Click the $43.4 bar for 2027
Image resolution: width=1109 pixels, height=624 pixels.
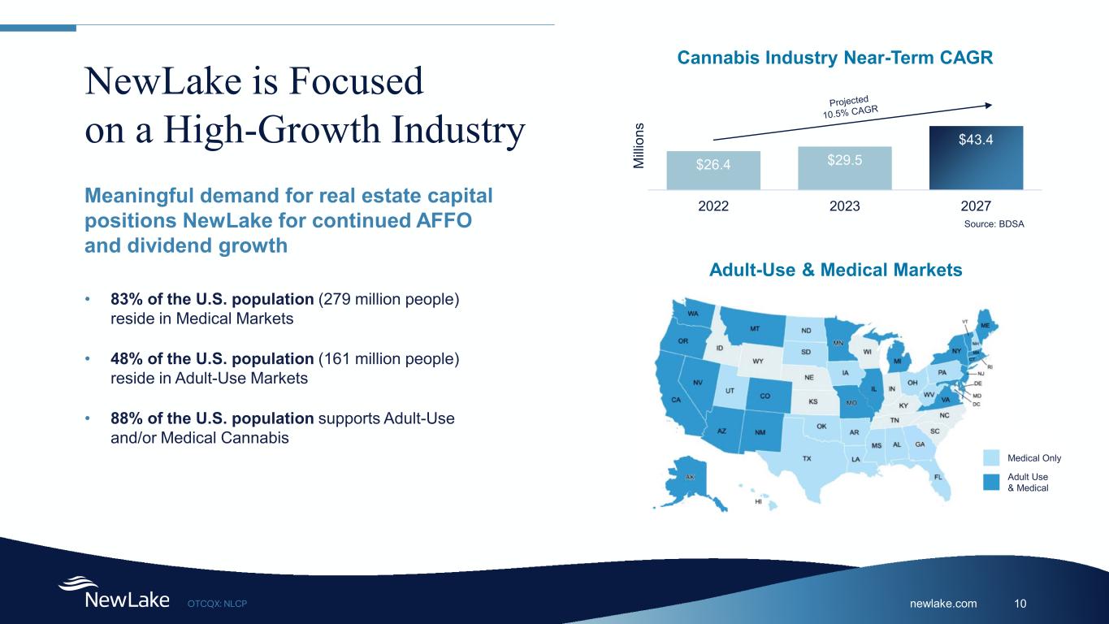tap(976, 158)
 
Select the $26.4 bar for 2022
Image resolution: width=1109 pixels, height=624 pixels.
tap(713, 170)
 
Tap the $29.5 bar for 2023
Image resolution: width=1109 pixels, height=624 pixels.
tap(845, 168)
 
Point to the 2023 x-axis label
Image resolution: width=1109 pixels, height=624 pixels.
tap(845, 206)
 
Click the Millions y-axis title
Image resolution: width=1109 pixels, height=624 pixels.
tap(639, 145)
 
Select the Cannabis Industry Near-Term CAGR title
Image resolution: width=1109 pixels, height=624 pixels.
tap(834, 58)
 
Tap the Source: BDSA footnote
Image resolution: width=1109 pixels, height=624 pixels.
tap(994, 224)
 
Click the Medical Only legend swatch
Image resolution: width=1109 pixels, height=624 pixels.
tap(991, 457)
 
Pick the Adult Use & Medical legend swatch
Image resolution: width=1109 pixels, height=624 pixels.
tap(991, 483)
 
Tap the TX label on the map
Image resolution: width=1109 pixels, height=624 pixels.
tap(807, 458)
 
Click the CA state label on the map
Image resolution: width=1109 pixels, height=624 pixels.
tap(676, 400)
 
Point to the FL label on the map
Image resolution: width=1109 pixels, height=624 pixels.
tap(938, 477)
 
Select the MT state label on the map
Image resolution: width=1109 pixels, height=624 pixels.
tap(755, 328)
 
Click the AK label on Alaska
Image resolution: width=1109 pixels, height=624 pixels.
tap(690, 477)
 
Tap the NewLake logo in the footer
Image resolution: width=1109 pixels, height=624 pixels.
tap(114, 592)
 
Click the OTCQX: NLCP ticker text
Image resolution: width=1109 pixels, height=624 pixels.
tap(217, 604)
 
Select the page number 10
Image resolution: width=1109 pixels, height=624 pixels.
tap(1020, 603)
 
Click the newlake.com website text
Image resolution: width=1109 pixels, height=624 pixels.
tap(943, 603)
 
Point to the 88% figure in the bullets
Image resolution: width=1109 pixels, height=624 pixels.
tap(127, 418)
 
